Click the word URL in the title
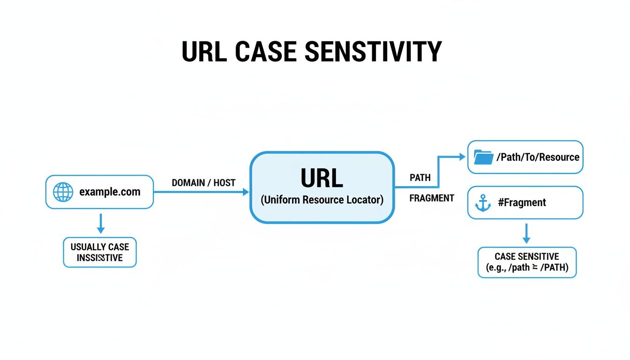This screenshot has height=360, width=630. [204, 52]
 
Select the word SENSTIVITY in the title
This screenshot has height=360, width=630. [373, 52]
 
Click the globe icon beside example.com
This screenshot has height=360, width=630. [63, 192]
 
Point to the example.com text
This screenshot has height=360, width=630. [110, 192]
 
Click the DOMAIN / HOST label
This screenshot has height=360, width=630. [203, 183]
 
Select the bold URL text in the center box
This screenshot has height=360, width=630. [322, 179]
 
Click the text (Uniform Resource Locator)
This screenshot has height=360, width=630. [322, 200]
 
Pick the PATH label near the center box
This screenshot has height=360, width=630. [420, 178]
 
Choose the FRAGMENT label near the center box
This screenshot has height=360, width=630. [431, 198]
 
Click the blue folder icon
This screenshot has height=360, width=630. [483, 157]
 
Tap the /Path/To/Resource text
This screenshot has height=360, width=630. [538, 157]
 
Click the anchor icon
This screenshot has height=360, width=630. [483, 203]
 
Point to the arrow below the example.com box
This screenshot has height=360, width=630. [100, 224]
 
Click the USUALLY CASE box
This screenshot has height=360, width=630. [100, 252]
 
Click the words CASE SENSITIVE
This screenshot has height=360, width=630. [527, 256]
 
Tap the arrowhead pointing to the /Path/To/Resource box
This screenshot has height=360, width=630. [463, 157]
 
